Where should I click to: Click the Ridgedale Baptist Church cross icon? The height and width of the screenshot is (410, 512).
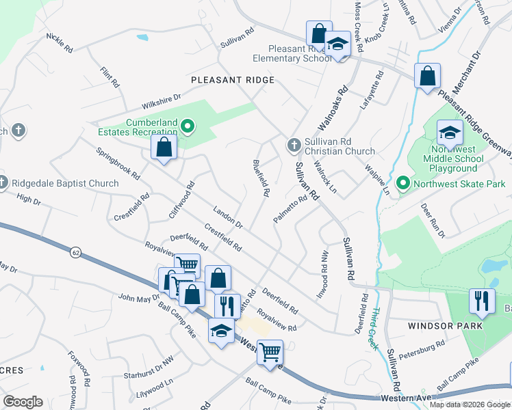[x=4, y=183]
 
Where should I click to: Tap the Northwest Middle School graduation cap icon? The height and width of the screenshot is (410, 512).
[x=449, y=133]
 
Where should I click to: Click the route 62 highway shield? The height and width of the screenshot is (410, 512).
[x=75, y=253]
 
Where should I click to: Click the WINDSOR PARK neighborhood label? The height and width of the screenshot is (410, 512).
[x=445, y=326]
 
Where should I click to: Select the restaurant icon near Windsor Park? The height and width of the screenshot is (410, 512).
[x=482, y=301]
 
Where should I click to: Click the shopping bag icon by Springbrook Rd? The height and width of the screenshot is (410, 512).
[x=164, y=147]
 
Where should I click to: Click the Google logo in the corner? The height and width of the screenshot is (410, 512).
[x=23, y=402]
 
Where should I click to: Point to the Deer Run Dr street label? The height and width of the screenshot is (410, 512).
[x=433, y=221]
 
